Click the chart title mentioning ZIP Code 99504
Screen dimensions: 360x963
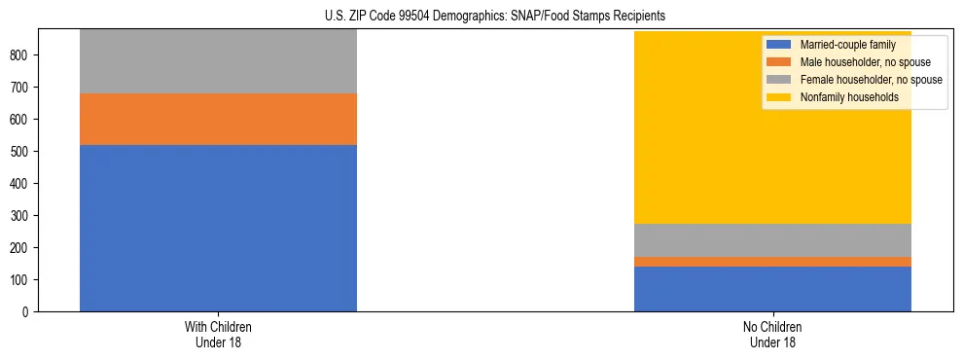495,16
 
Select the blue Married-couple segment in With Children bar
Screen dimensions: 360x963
218,228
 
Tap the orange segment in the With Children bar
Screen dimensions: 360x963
218,119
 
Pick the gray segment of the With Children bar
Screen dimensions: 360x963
218,61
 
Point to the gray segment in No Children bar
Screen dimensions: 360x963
772,240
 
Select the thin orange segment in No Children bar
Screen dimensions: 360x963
772,262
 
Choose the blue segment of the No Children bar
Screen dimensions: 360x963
772,289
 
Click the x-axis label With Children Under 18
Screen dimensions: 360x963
218,335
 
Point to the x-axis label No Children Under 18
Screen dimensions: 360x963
772,335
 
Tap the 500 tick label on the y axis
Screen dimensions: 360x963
20,152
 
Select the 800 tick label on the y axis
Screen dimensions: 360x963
20,55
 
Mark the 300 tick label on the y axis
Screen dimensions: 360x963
20,216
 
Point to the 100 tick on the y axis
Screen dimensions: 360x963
20,280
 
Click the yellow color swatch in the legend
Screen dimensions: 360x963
779,97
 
